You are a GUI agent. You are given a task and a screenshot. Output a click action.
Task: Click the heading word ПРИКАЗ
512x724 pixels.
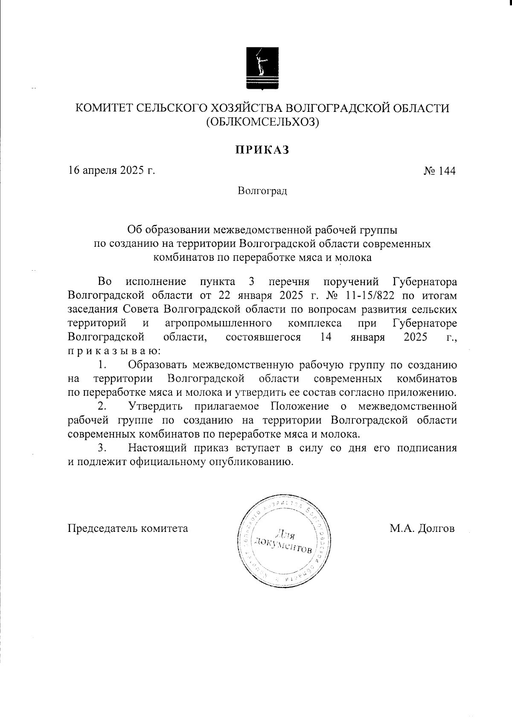tap(262, 150)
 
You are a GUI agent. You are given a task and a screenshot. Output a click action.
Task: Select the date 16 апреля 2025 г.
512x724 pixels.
tap(111, 171)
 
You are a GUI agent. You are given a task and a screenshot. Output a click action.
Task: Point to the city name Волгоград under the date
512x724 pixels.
tap(262, 190)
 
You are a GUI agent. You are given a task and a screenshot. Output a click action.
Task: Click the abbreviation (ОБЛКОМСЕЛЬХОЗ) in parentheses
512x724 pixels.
tap(262, 123)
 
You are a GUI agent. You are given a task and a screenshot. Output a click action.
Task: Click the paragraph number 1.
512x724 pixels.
tap(102, 365)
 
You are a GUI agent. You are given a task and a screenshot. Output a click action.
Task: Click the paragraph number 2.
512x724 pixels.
tap(102, 406)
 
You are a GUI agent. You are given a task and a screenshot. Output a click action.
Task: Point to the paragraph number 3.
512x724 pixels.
tap(102, 448)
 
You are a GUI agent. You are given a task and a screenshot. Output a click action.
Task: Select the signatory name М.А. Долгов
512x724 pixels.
tap(422, 528)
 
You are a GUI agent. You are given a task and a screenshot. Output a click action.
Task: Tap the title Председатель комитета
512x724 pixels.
tap(128, 528)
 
